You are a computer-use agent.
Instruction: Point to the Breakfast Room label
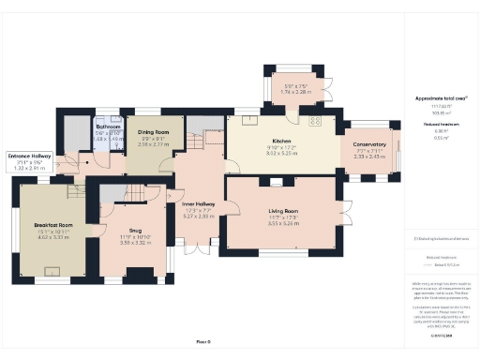[53, 225]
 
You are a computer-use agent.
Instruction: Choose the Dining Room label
[153, 132]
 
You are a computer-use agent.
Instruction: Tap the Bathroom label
[110, 125]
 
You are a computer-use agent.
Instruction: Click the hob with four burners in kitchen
[315, 121]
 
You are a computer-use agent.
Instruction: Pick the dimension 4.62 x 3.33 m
[53, 237]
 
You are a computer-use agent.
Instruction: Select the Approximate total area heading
[434, 97]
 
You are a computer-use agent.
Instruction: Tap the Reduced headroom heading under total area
[434, 123]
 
